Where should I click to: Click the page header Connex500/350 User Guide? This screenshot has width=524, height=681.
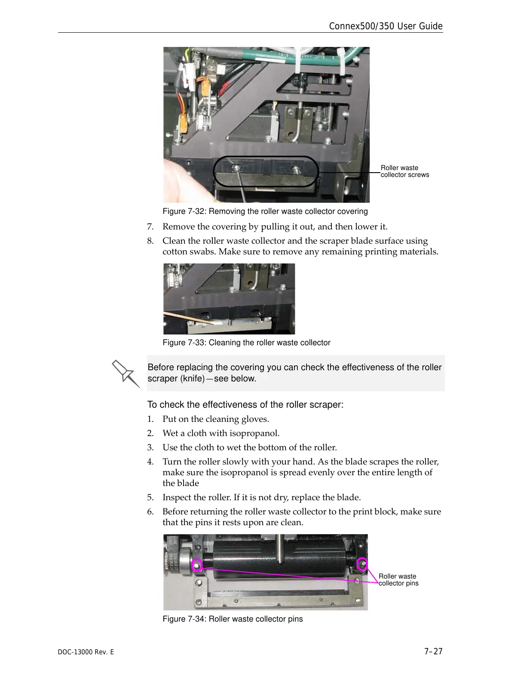point(386,26)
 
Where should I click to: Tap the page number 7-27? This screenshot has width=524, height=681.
point(433,652)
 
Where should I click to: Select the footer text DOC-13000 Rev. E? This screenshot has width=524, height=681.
point(86,652)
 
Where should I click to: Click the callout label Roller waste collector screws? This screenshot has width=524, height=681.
point(405,171)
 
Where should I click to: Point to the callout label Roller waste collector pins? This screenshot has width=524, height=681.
point(398,580)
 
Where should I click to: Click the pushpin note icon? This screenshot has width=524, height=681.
point(126,374)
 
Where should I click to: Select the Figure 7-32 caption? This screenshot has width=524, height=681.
point(265,211)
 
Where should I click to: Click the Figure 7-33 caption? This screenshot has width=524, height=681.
point(246,343)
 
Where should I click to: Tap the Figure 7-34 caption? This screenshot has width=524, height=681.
point(233,619)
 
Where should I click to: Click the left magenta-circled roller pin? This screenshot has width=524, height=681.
point(197,566)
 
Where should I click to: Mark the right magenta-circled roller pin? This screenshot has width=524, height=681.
point(362,563)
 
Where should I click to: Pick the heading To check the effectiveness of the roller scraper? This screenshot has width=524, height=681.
point(245,405)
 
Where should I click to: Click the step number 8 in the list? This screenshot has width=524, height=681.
point(150,241)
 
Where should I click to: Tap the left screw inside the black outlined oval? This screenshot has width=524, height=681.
point(237,168)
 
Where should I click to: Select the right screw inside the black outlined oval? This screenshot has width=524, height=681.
point(296,170)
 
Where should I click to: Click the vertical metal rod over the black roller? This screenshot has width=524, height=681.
point(280,548)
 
